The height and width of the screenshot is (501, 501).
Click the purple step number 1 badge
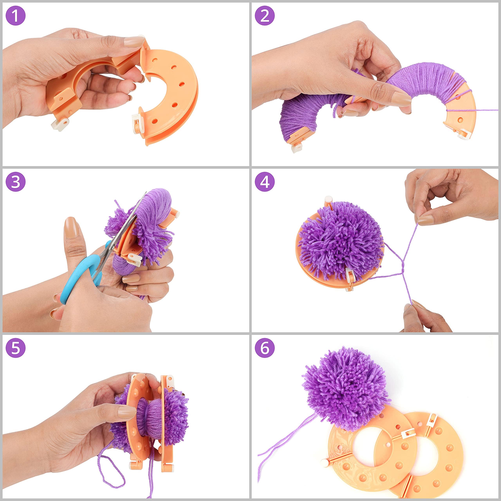(16, 16)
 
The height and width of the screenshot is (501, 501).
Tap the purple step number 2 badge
(265, 16)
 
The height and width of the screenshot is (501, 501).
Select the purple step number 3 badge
(16, 182)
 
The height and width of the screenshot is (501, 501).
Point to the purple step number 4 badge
(265, 182)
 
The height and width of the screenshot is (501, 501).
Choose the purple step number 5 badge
(16, 348)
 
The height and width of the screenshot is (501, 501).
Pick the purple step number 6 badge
(265, 348)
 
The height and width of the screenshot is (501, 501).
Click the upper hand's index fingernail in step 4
(425, 220)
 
